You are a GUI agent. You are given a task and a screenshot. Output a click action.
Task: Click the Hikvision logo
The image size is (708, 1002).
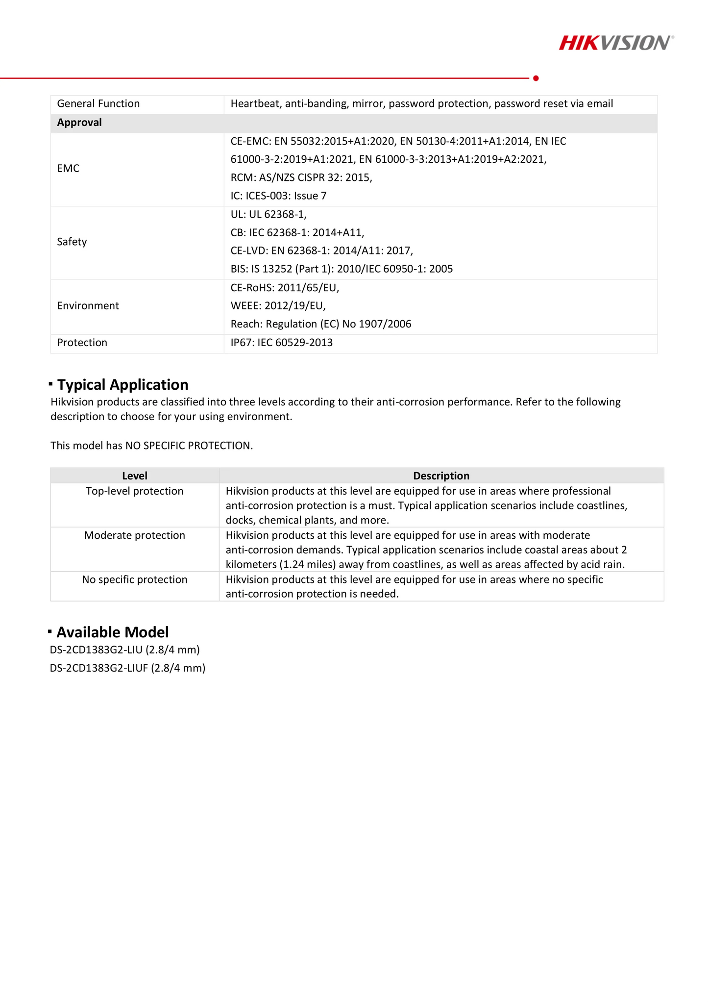click(x=616, y=43)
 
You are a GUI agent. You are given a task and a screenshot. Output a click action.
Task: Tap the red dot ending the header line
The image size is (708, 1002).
click(x=536, y=78)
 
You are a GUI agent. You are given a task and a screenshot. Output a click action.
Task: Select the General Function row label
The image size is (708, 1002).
click(x=98, y=104)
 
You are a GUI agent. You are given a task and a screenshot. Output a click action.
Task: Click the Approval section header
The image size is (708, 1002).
click(x=79, y=123)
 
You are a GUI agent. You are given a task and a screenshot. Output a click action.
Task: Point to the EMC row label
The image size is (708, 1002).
click(x=68, y=169)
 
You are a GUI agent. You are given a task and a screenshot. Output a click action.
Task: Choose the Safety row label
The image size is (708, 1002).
click(x=72, y=242)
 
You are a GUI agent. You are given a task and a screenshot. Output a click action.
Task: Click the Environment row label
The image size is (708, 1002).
click(x=88, y=306)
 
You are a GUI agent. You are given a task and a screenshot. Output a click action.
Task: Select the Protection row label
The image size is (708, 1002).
click(x=82, y=343)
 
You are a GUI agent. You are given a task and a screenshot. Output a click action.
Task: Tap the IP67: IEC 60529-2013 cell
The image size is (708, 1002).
click(x=282, y=343)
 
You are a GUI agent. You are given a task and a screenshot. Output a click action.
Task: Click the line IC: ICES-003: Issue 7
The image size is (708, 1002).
click(x=278, y=196)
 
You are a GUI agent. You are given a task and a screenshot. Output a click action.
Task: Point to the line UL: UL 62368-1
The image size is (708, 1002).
click(x=269, y=214)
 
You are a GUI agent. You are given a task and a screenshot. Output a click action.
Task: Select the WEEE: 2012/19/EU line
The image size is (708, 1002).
click(x=278, y=306)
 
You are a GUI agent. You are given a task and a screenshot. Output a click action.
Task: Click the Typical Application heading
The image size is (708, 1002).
click(x=122, y=385)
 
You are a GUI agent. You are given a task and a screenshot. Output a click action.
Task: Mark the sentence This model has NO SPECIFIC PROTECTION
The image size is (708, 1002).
click(x=152, y=446)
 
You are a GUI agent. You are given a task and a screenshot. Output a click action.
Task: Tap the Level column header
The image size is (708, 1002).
click(x=135, y=476)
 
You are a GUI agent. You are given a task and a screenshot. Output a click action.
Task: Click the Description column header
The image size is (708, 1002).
click(x=441, y=476)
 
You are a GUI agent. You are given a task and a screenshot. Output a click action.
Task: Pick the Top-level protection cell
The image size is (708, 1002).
click(x=135, y=491)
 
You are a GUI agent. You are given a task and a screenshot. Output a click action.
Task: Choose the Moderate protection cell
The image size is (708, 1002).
click(x=135, y=535)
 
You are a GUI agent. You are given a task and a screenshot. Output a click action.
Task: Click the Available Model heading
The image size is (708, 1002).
click(x=113, y=632)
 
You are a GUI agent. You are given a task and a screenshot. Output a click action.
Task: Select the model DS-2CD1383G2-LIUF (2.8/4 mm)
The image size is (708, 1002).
click(x=128, y=668)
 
